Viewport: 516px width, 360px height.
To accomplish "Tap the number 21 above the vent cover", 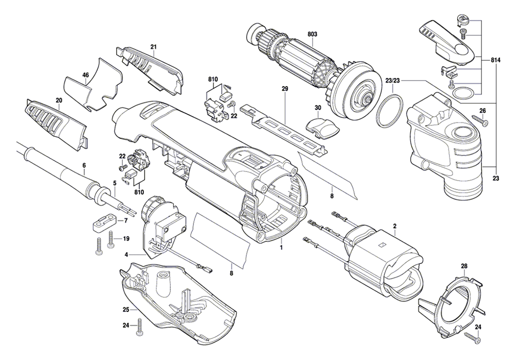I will [x=153, y=47].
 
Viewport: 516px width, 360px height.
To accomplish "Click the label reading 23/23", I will [x=393, y=81].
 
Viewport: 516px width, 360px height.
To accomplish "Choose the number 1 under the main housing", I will [x=282, y=247].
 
